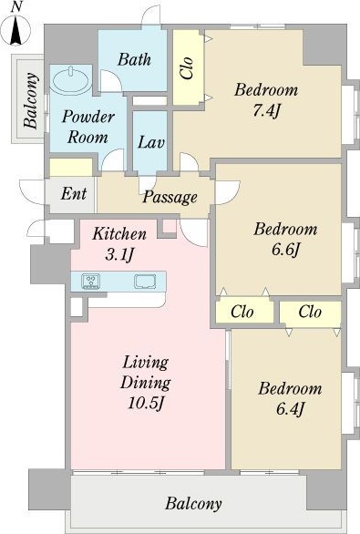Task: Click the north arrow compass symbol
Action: pyautogui.click(x=15, y=30)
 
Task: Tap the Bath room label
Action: pyautogui.click(x=135, y=59)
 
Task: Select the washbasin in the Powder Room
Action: pyautogui.click(x=71, y=80)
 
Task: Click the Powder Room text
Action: pyautogui.click(x=88, y=127)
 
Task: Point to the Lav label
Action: pyautogui.click(x=151, y=142)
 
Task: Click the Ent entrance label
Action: pyautogui.click(x=74, y=194)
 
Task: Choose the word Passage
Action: pyautogui.click(x=170, y=197)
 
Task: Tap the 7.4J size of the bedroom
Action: pyautogui.click(x=266, y=110)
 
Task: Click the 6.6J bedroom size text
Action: pyautogui.click(x=285, y=250)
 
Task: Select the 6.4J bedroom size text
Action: pyautogui.click(x=290, y=409)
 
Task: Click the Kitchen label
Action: pyautogui.click(x=119, y=234)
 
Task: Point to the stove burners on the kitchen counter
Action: pyautogui.click(x=90, y=282)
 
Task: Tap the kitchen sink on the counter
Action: pyautogui.click(x=145, y=282)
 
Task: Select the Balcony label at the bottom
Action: pyautogui.click(x=193, y=503)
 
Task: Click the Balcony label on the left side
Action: pyautogui.click(x=31, y=100)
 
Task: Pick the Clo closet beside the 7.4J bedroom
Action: pyautogui.click(x=187, y=68)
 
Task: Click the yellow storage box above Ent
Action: pyautogui.click(x=71, y=167)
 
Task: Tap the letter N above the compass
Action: pyautogui.click(x=15, y=8)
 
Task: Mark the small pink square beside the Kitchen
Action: pyautogui.click(x=169, y=226)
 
